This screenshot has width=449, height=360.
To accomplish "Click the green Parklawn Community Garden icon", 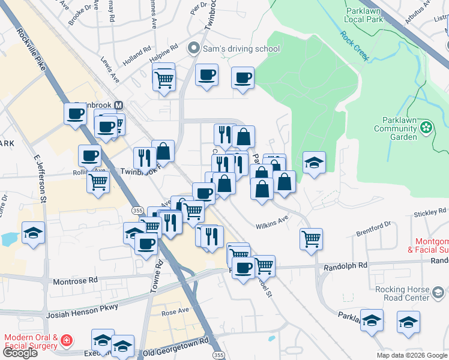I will pyautogui.click(x=426, y=127).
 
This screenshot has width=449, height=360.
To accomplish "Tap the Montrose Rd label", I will pyautogui.click(x=76, y=280).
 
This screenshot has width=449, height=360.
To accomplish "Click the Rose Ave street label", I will pyautogui.click(x=175, y=311).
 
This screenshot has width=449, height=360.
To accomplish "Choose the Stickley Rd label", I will pyautogui.click(x=430, y=212).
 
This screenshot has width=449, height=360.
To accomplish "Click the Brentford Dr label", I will pyautogui.click(x=373, y=228).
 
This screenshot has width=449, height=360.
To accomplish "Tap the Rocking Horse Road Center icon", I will pyautogui.click(x=439, y=293).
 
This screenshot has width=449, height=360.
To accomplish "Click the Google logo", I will pyautogui.click(x=20, y=352).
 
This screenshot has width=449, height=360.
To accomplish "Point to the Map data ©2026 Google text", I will pyautogui.click(x=411, y=355).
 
